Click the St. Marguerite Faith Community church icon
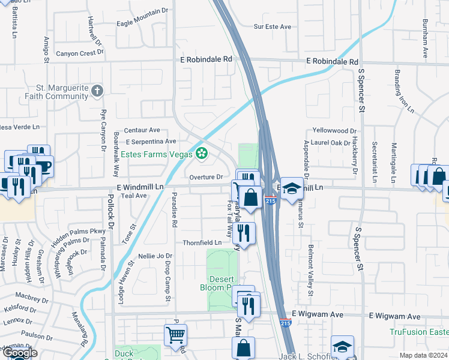point(98,91)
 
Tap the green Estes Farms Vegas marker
point(202,154)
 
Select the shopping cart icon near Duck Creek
point(175,335)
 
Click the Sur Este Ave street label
point(272,27)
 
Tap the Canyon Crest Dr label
point(80,53)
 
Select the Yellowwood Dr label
point(335,131)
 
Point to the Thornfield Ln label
point(202,243)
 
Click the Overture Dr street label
point(206,178)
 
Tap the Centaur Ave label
point(142,130)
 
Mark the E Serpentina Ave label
point(143,142)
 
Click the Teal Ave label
point(133,196)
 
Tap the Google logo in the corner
point(20,353)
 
